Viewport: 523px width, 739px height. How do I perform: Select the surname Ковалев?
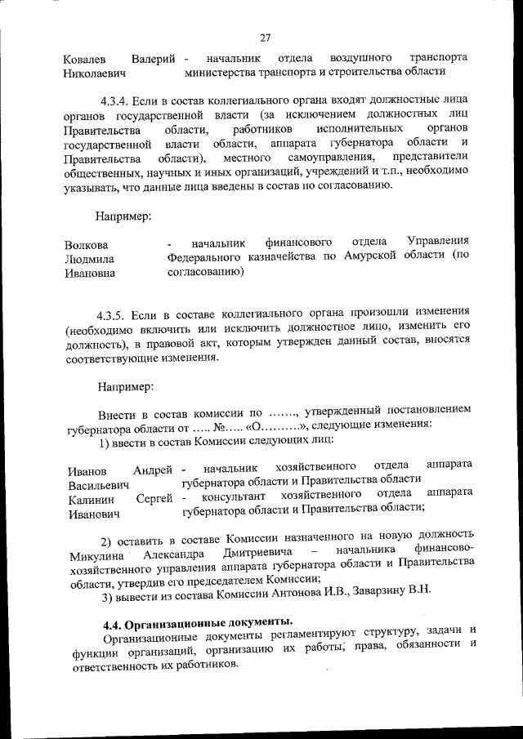point(84,59)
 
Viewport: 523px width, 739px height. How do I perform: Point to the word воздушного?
point(355,59)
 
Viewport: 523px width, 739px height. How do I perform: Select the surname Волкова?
point(86,245)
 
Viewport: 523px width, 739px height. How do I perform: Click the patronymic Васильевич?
point(97,484)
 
